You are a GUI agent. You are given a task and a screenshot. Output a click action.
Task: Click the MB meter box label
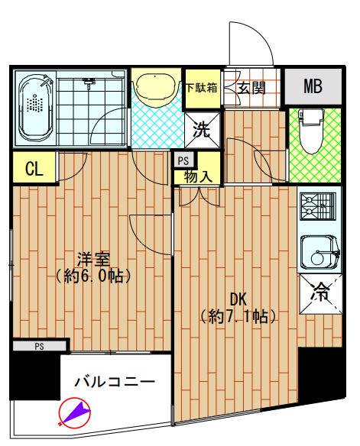click(312, 86)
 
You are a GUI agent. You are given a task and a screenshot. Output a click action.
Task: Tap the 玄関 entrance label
click(251, 87)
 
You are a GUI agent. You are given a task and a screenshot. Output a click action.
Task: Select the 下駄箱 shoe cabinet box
click(202, 87)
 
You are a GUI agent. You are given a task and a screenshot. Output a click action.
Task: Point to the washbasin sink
click(156, 89)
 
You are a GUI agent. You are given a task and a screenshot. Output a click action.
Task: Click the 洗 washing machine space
click(203, 128)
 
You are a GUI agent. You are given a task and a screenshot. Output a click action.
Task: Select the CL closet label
click(33, 169)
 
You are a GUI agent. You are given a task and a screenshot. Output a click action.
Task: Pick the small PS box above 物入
click(183, 160)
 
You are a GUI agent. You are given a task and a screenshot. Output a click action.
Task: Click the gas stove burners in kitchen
click(319, 207)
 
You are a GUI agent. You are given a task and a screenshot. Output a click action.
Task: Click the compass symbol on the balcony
click(75, 413)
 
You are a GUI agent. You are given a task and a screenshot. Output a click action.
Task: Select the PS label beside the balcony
click(39, 346)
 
